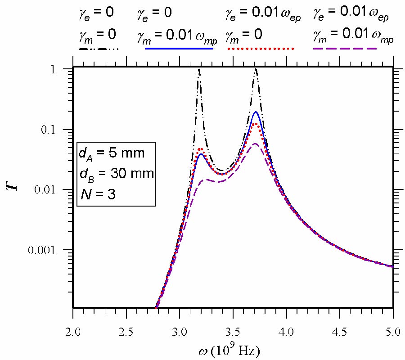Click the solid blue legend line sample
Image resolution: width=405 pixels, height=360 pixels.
coord(179,48)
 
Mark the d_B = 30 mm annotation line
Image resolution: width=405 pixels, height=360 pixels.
coord(116,174)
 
